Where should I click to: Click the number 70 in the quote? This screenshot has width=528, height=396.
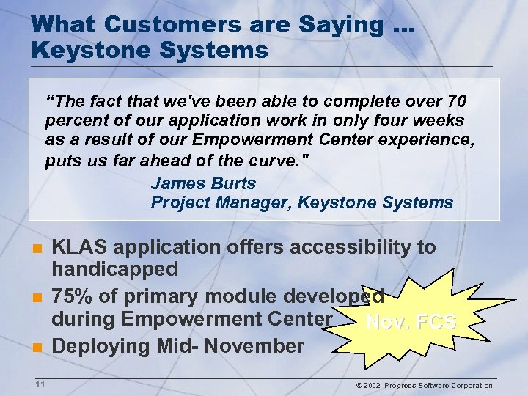click(455, 100)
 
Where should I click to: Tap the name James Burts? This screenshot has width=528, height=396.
click(203, 183)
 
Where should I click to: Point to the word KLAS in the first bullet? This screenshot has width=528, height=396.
click(78, 247)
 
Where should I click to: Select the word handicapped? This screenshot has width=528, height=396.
click(114, 269)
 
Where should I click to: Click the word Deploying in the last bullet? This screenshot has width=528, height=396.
click(100, 345)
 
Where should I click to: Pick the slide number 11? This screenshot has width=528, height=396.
click(40, 384)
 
